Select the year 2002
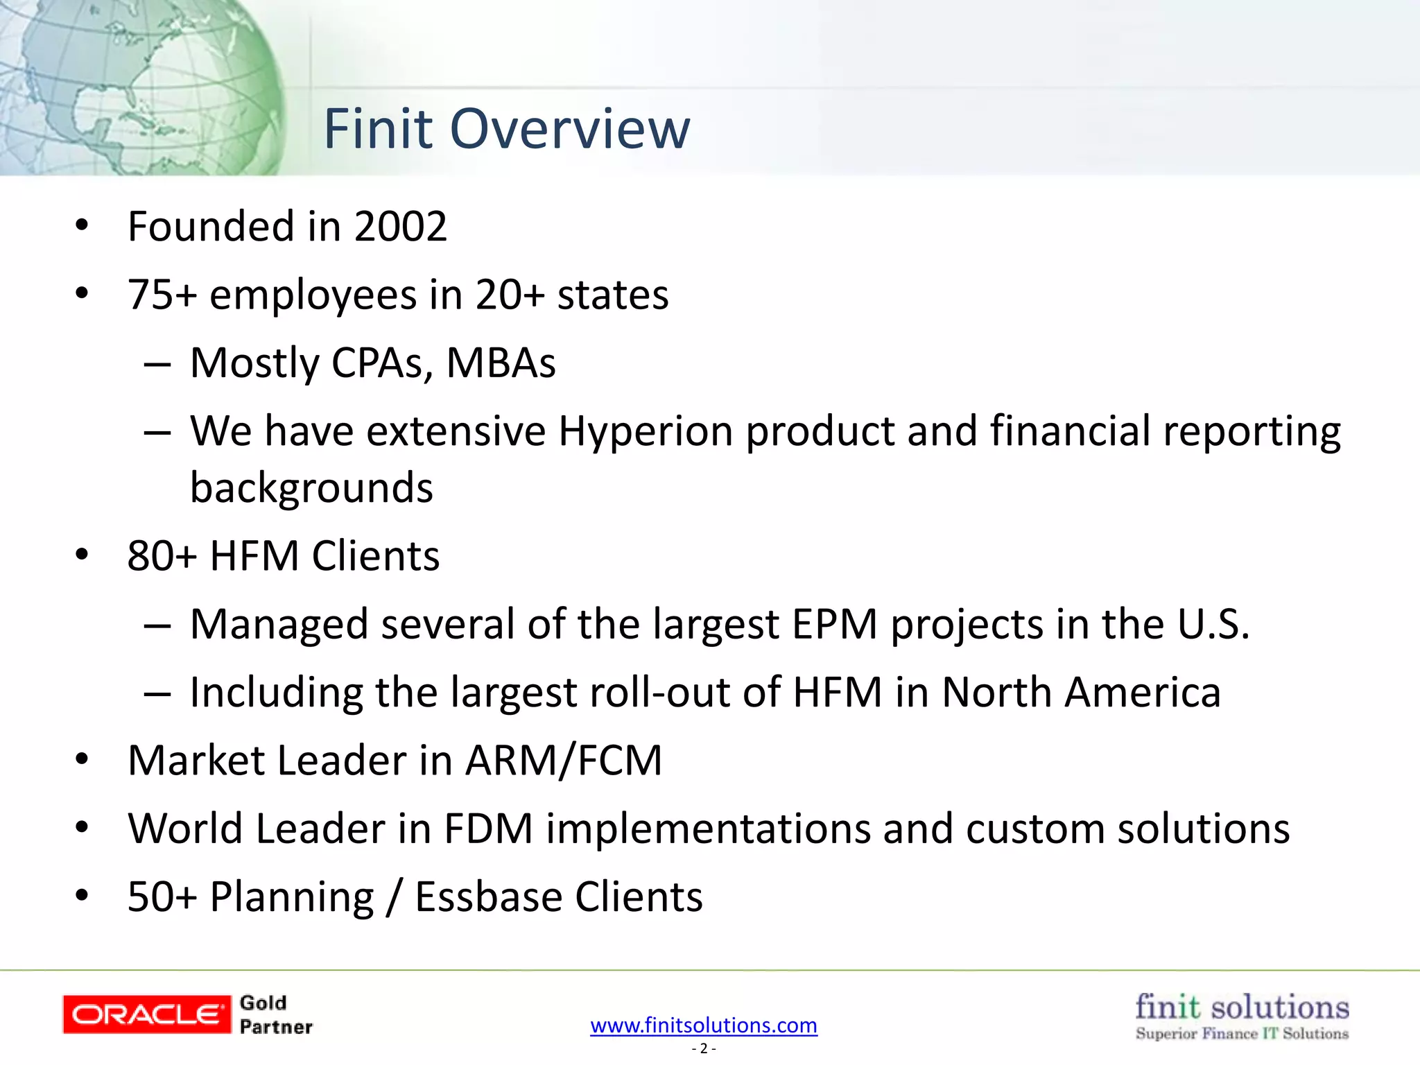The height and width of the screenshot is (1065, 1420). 400,227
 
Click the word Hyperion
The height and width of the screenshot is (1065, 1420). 646,431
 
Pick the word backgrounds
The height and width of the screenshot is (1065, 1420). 311,487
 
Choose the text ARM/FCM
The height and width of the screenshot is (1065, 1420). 564,761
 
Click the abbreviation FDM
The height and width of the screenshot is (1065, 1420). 488,829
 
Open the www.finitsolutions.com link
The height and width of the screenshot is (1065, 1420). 704,1025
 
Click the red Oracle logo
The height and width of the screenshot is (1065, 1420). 146,1014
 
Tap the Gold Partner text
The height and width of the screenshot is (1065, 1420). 275,1014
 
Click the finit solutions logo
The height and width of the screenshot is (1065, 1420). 1242,1015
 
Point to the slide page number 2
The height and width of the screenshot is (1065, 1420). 704,1048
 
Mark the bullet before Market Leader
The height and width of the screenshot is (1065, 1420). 82,759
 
